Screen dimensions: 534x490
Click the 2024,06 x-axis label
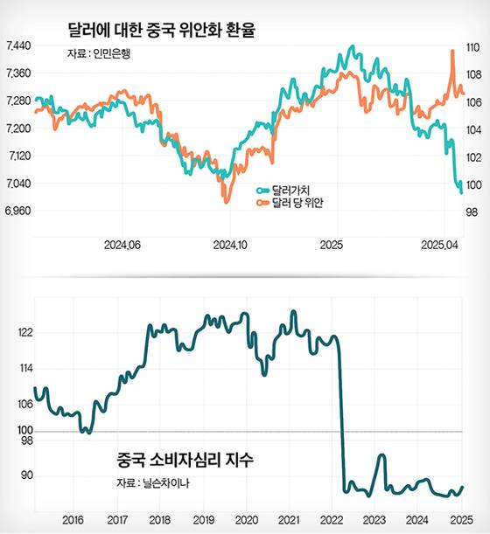coord(122,245)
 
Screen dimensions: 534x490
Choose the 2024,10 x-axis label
coord(231,245)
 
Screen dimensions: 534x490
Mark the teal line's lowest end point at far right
coord(461,192)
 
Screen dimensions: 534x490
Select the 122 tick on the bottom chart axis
coord(24,333)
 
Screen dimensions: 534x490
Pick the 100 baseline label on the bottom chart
coord(24,431)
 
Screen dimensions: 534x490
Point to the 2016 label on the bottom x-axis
coord(73,519)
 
